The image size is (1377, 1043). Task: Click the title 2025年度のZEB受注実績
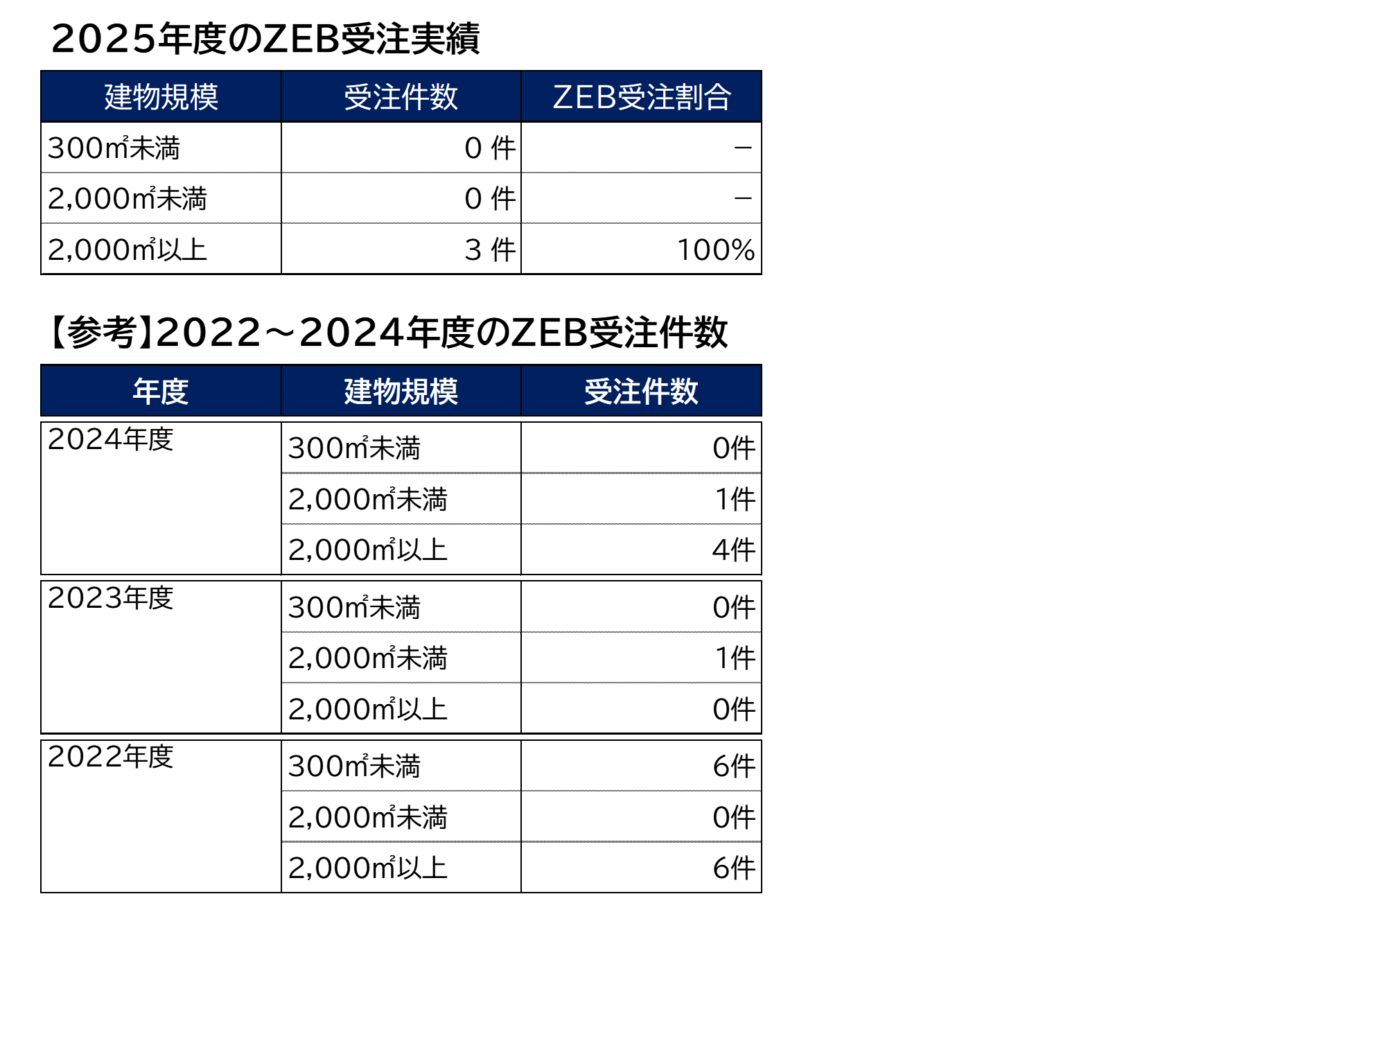click(265, 39)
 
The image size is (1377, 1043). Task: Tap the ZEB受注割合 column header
click(642, 96)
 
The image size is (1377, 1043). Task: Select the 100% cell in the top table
click(715, 249)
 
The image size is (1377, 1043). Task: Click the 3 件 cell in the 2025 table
click(490, 249)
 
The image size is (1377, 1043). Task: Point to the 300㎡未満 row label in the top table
click(114, 148)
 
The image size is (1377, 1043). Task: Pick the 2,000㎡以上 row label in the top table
click(128, 249)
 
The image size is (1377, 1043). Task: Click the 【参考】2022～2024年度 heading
click(387, 333)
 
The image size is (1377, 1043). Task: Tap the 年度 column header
click(161, 391)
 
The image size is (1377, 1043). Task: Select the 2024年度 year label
click(111, 439)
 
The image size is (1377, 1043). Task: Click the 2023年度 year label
click(111, 597)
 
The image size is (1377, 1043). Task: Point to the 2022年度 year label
click(111, 756)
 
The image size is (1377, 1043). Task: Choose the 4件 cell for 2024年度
click(734, 550)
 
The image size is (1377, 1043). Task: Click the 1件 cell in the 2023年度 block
click(735, 658)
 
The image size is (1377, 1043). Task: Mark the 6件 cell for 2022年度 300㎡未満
click(734, 766)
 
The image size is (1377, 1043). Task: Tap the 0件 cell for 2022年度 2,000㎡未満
click(734, 818)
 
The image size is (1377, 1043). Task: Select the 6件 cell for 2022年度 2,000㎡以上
click(734, 868)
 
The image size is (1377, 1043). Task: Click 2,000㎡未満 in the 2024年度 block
click(368, 499)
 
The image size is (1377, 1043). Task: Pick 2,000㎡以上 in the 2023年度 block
click(368, 709)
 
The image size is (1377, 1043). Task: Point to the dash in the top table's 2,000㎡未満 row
click(743, 199)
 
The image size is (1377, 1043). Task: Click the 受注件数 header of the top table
click(401, 96)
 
